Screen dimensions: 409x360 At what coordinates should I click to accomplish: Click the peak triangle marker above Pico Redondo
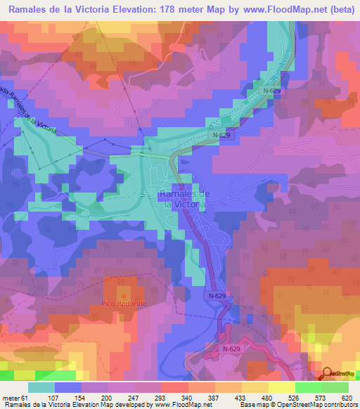[124, 296]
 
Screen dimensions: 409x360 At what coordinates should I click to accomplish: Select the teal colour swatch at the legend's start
[41, 388]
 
